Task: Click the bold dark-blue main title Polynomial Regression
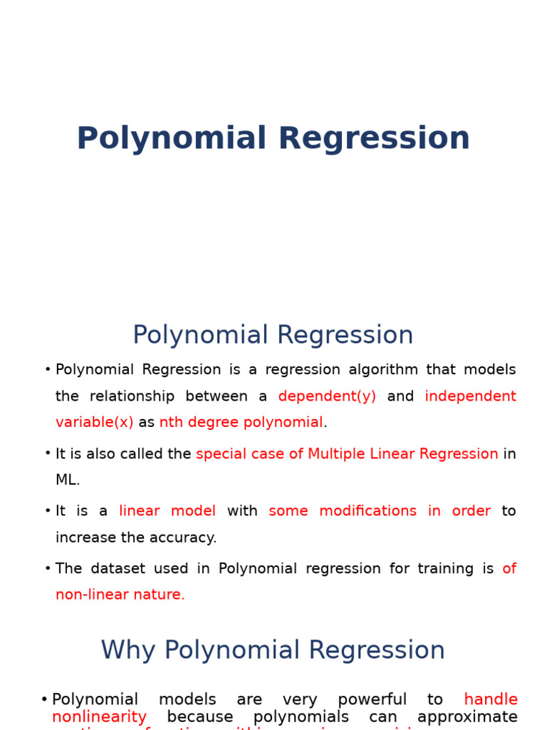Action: click(273, 139)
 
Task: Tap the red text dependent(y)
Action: click(327, 396)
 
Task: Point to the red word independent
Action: click(470, 396)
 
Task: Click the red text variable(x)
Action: click(94, 423)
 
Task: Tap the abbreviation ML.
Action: click(67, 480)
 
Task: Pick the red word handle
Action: click(490, 700)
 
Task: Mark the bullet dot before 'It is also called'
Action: click(48, 453)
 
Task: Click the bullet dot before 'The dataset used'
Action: click(48, 568)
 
